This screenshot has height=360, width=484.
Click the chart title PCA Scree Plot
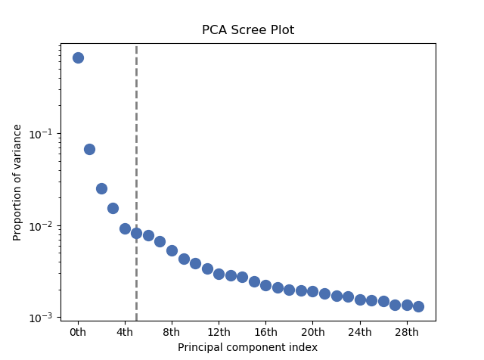247,30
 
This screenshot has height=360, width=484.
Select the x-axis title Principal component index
247,347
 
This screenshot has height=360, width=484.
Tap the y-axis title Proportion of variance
17,182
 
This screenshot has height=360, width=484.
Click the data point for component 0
78,57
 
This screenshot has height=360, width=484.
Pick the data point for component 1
89,149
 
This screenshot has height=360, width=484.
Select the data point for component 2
101,188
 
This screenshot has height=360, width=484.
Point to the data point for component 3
113,208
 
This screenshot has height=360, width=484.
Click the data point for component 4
125,228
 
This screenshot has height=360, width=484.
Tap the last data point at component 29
418,306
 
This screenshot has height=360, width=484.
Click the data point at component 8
172,250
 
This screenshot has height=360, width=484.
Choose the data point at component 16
265,285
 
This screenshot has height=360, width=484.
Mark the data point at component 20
312,291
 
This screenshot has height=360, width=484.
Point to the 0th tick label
78,331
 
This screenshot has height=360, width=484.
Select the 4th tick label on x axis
125,331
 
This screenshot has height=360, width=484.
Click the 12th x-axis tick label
219,331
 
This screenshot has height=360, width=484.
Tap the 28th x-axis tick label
407,331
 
